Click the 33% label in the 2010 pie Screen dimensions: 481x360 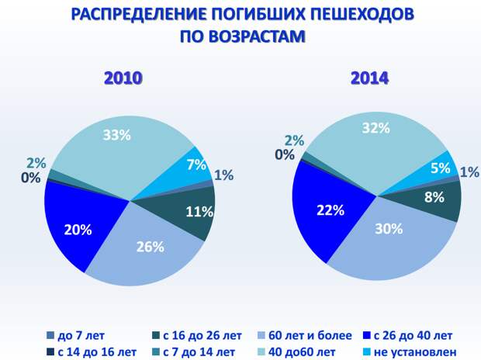click(x=116, y=135)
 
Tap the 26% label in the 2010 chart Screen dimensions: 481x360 click(x=150, y=247)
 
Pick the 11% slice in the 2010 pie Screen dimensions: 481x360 click(x=190, y=212)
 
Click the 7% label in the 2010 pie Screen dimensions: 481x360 click(x=196, y=164)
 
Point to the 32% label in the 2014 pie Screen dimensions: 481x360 click(x=375, y=128)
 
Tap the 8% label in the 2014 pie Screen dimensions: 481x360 click(x=434, y=197)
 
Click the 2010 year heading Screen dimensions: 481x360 click(x=123, y=78)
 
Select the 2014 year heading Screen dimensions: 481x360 click(x=369, y=78)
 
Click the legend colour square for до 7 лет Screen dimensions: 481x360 click(x=50, y=335)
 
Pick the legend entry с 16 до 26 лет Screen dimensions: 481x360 click(x=197, y=335)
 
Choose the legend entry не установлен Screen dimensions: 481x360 click(x=410, y=351)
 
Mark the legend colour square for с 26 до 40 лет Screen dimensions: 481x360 click(x=367, y=335)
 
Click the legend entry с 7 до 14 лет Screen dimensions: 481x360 click(x=194, y=351)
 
